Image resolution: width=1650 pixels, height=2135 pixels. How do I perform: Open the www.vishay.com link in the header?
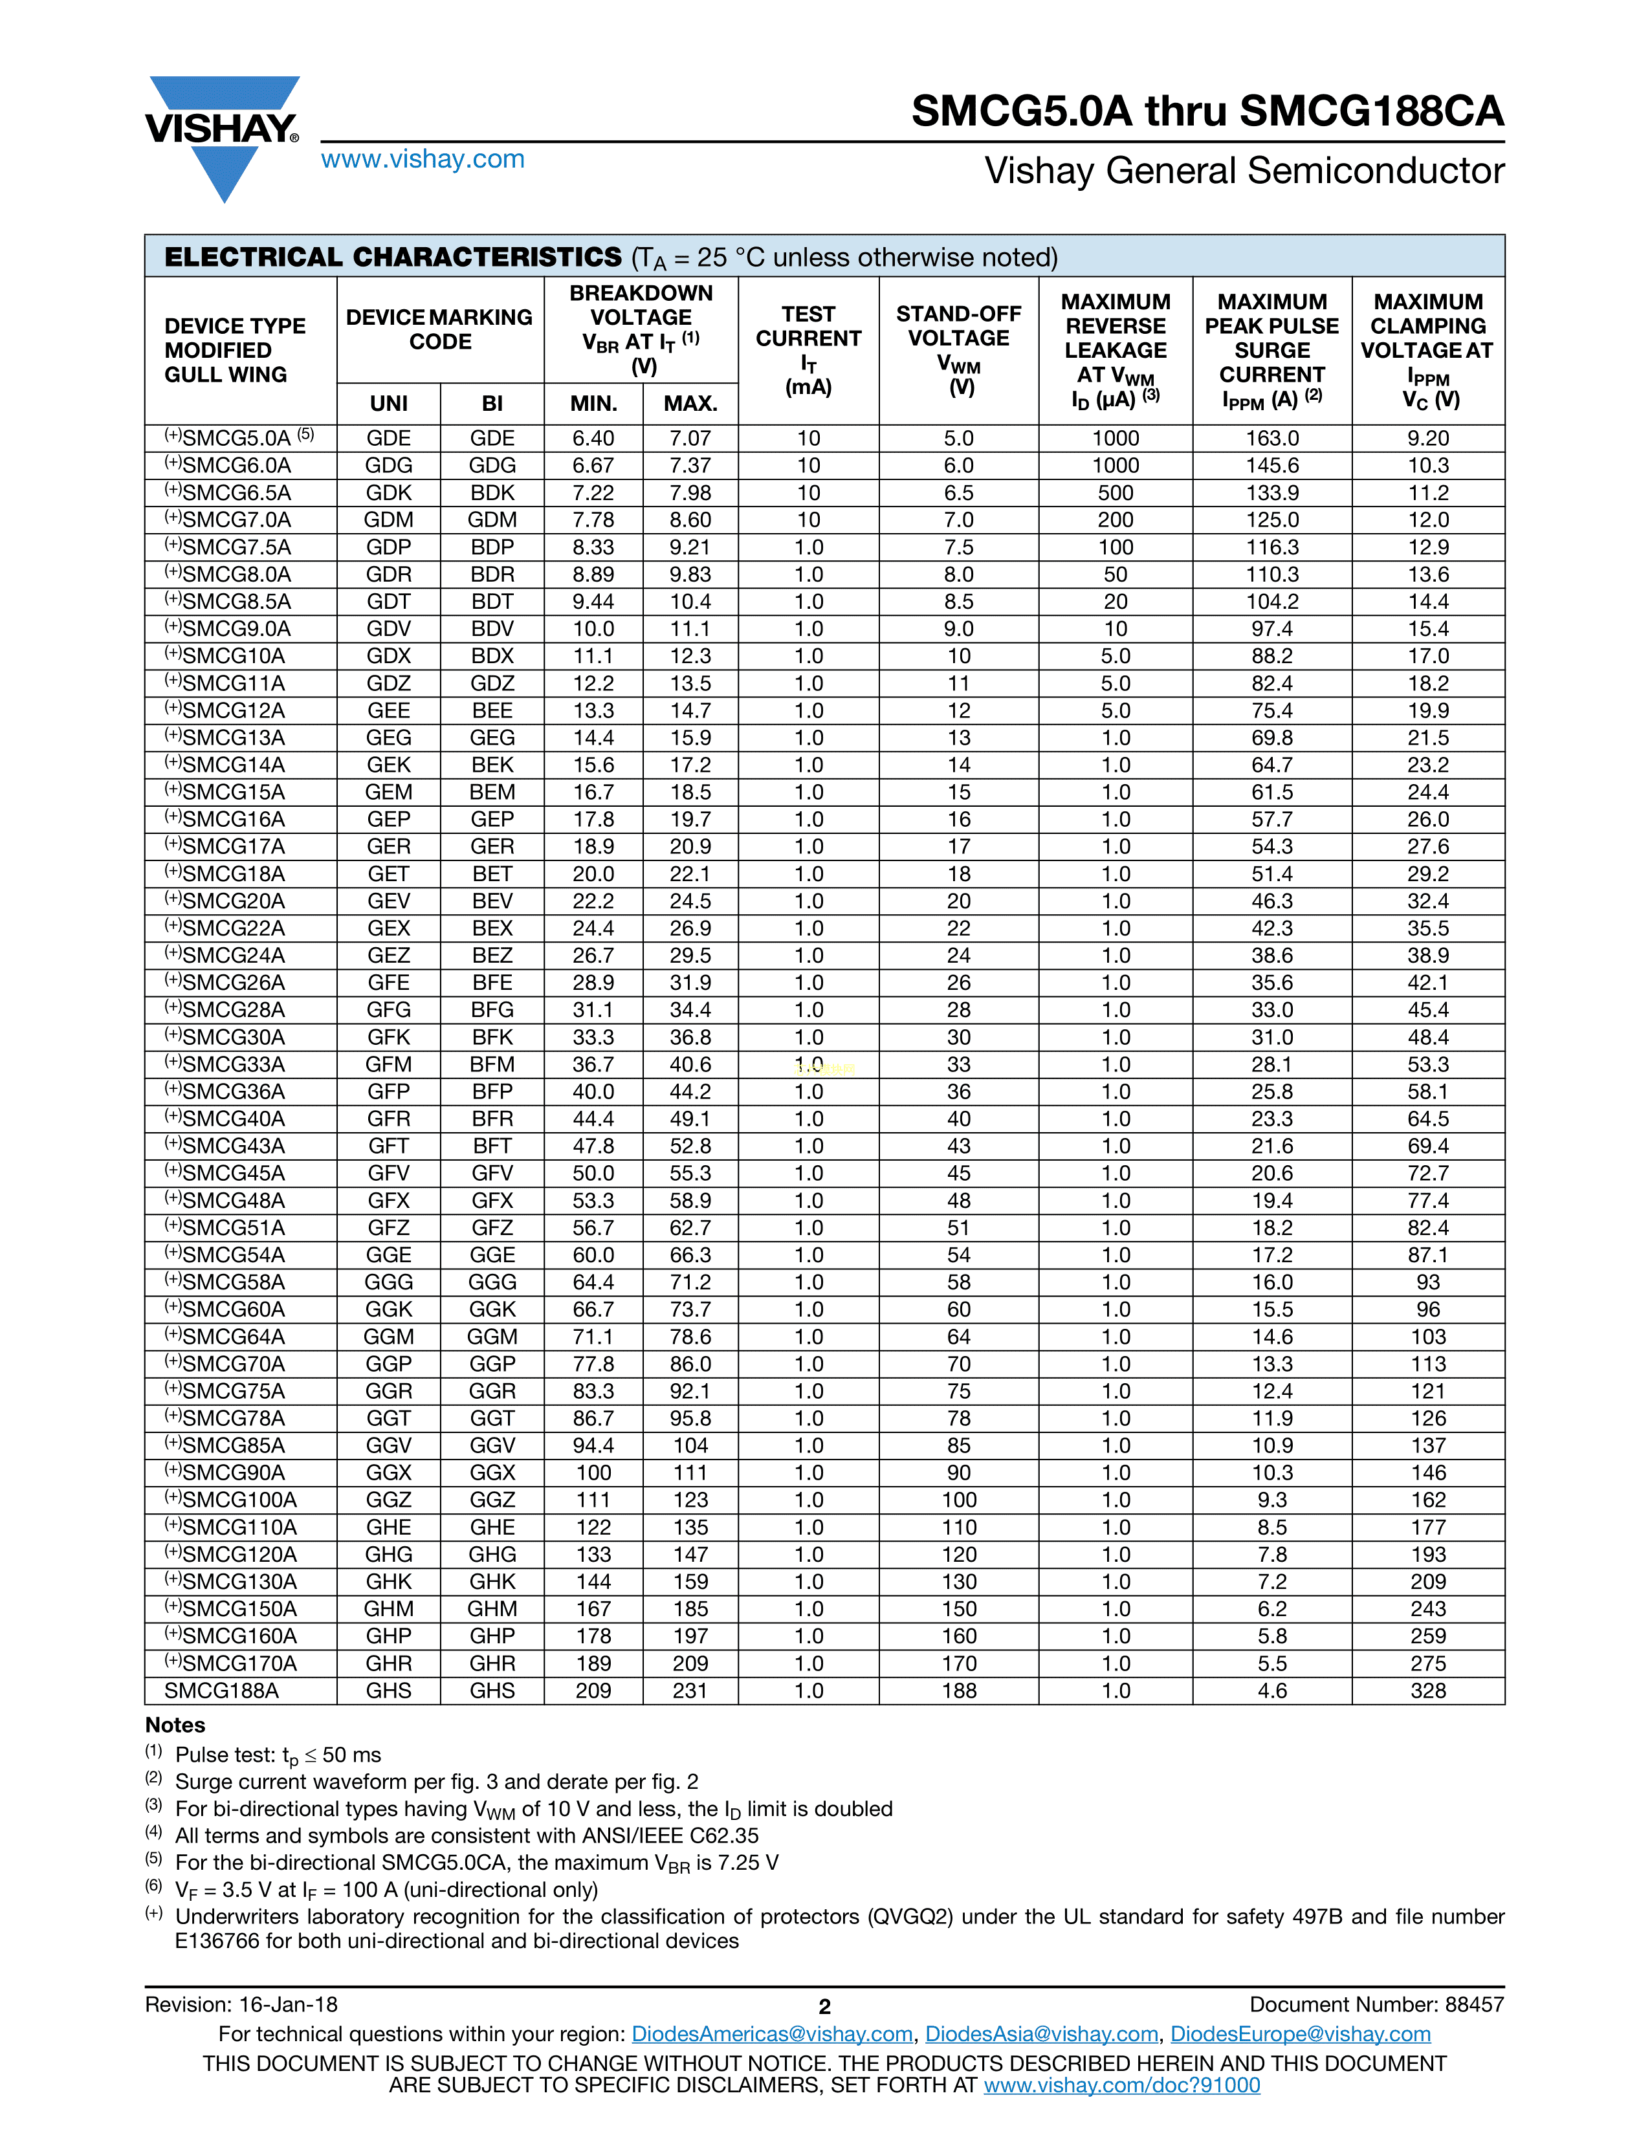pos(423,159)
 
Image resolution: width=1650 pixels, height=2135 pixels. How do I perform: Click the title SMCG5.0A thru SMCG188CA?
pos(1207,111)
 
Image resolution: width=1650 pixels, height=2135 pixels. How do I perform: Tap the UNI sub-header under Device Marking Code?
pos(388,404)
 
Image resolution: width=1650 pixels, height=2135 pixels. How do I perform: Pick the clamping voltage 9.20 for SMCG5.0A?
pos(1427,439)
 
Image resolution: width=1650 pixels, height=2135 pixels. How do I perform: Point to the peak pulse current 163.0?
pos(1271,439)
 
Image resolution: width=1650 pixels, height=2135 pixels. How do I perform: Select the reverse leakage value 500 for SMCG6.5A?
pos(1116,493)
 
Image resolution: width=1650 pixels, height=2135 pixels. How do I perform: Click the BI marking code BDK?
pos(492,493)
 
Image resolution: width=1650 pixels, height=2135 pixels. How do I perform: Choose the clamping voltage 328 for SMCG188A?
pos(1427,1690)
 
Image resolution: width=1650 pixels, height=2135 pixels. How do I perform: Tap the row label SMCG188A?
pos(221,1690)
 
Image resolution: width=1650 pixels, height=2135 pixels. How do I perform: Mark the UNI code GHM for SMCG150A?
pos(388,1609)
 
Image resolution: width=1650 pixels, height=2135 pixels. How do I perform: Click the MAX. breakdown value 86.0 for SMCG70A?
pos(690,1364)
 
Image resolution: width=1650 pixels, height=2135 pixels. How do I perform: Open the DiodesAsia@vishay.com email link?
pos(1041,2034)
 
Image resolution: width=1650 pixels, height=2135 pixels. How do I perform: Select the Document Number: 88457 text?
pos(1376,2005)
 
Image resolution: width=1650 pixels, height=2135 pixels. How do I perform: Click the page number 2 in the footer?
pos(824,2007)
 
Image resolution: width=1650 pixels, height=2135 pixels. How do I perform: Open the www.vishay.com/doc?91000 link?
pos(1121,2085)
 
